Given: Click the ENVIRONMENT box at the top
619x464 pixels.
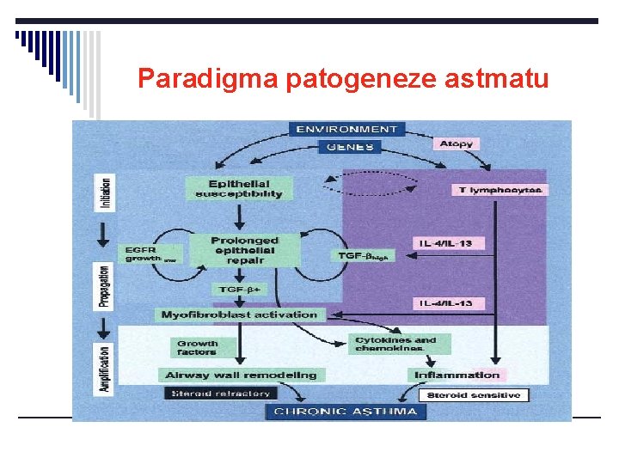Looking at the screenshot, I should [x=347, y=129].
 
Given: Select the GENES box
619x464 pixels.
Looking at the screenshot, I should [x=347, y=147].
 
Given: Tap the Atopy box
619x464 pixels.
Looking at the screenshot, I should [x=455, y=143].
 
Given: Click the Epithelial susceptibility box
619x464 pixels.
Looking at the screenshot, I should [x=238, y=189].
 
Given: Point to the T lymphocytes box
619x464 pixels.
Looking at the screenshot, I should [x=499, y=189].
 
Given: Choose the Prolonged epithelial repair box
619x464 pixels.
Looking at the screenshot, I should [x=244, y=248].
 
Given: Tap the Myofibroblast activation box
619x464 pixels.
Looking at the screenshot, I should [x=239, y=314].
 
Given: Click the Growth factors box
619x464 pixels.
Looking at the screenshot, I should [x=197, y=346].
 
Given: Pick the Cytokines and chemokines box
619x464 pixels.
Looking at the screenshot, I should [x=395, y=344].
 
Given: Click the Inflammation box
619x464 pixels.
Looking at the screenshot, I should [x=457, y=375].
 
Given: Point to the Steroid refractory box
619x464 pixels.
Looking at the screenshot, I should [x=219, y=394].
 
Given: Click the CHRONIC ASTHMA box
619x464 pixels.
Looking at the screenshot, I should [x=346, y=412].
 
